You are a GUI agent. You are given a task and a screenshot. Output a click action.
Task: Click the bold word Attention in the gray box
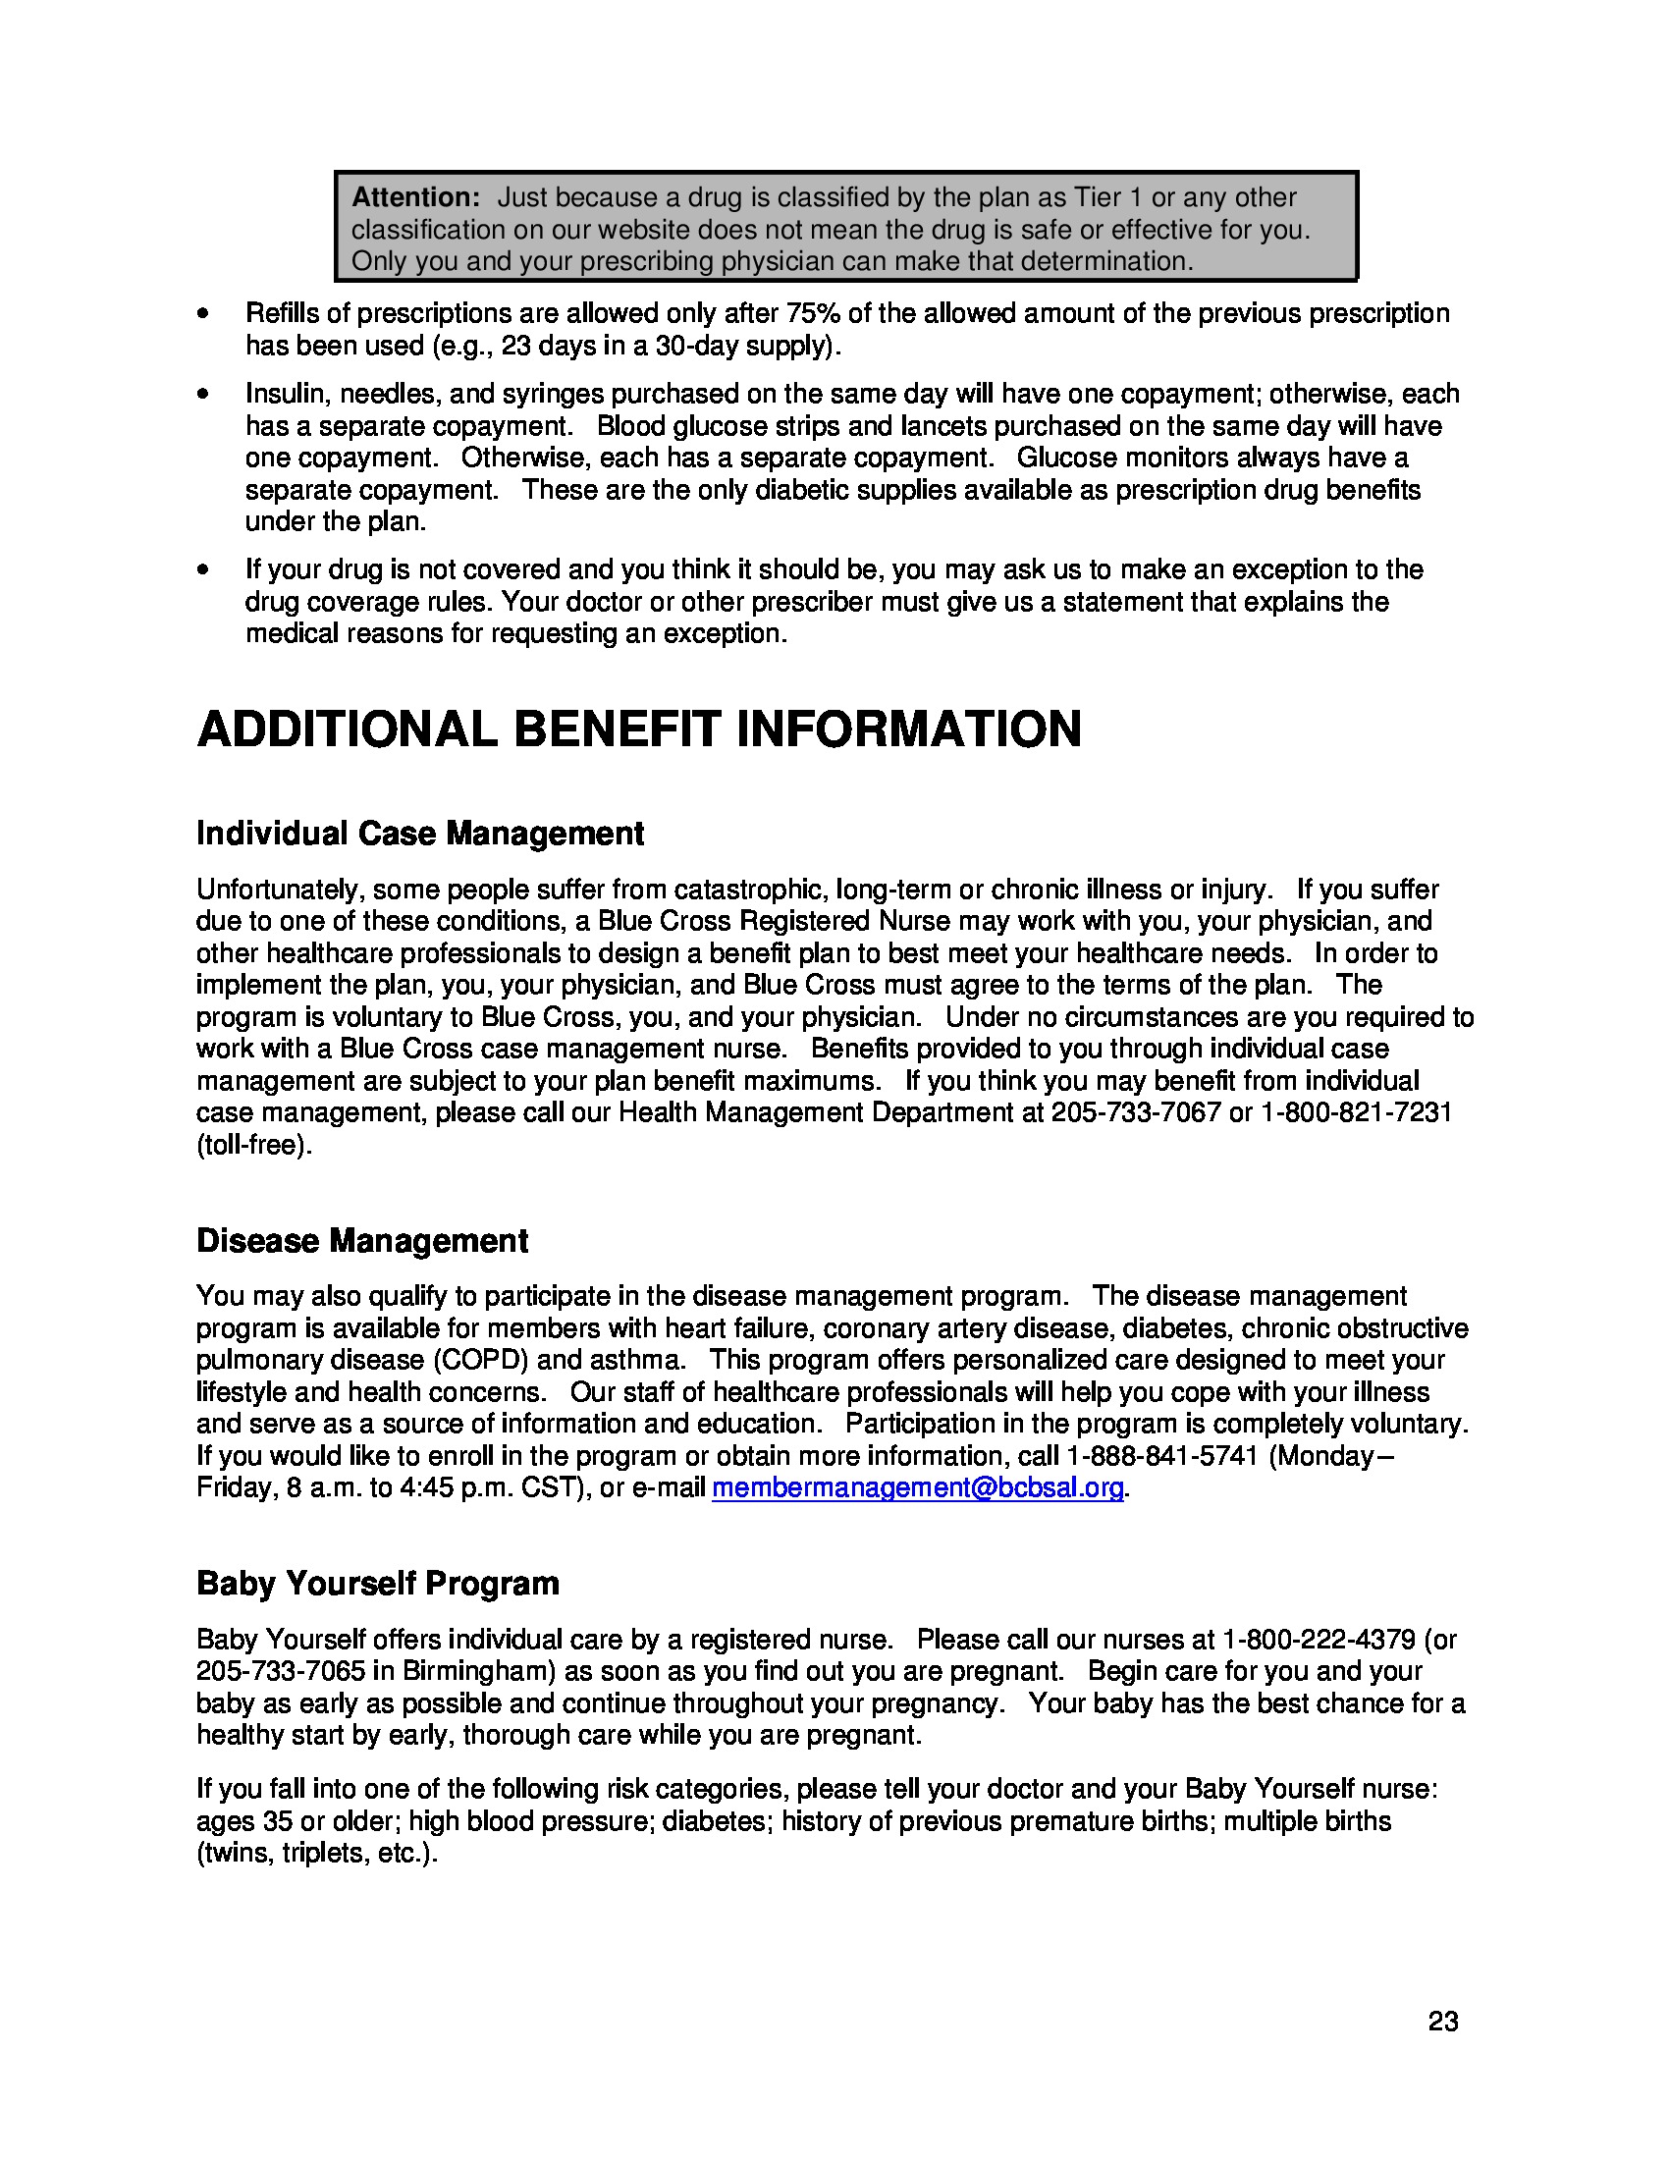click(415, 197)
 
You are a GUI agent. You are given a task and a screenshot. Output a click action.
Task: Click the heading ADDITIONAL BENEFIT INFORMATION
click(639, 729)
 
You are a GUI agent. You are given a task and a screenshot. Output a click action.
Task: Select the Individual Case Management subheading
click(419, 834)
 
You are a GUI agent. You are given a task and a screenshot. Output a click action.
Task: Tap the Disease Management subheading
click(362, 1240)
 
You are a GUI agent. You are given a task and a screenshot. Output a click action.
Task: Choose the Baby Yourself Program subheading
click(378, 1584)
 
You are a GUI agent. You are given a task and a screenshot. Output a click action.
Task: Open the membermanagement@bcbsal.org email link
click(918, 1487)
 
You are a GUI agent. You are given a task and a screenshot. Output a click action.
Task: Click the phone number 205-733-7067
click(1135, 1112)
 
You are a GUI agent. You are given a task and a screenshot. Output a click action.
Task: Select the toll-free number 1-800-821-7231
click(1356, 1112)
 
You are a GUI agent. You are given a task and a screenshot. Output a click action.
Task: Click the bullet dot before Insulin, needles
click(202, 395)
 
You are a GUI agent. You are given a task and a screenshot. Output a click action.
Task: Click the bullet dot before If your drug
click(202, 570)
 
